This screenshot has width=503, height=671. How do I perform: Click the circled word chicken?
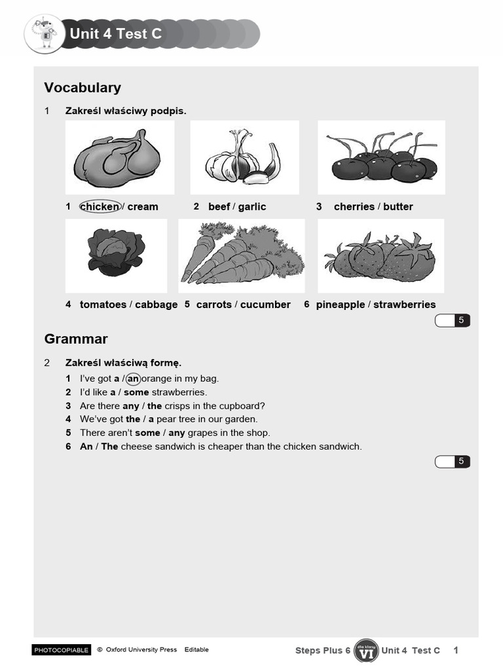tap(100, 206)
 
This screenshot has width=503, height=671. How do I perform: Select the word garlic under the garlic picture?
tap(252, 206)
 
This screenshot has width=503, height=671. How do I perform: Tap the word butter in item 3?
tap(398, 206)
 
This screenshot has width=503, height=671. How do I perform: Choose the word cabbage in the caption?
tap(157, 304)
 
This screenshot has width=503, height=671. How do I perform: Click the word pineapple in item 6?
tap(341, 304)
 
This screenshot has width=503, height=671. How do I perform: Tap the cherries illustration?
tap(382, 161)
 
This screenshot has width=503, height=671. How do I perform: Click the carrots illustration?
tap(241, 256)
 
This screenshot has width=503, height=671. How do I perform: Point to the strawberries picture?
tap(381, 257)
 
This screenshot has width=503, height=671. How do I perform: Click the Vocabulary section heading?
tap(83, 87)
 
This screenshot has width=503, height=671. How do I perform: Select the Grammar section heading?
tap(76, 339)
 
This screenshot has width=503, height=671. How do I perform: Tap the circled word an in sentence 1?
tap(134, 378)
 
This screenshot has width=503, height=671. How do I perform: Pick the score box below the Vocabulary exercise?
tap(453, 320)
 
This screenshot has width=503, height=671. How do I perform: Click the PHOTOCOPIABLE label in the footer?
tap(61, 650)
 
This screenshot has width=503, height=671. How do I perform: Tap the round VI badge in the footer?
tap(366, 651)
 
